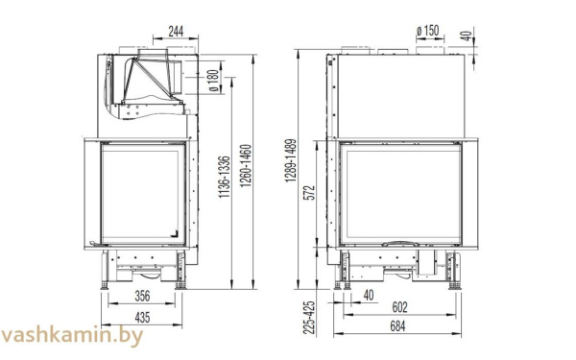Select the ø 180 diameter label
213,77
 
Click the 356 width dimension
141,296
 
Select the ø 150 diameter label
427,31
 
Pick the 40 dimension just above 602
370,295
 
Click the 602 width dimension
400,307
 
